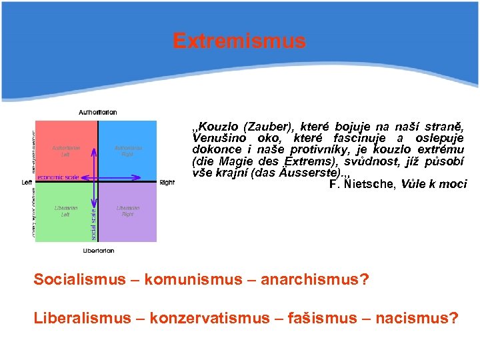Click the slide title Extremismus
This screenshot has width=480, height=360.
[x=239, y=41]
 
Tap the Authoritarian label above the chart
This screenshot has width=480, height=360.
[x=98, y=112]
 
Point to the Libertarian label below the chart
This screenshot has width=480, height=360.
[x=98, y=251]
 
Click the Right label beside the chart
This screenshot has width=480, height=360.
[x=167, y=182]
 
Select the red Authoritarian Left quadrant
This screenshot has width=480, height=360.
[x=65, y=149]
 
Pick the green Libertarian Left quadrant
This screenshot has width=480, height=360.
[x=65, y=212]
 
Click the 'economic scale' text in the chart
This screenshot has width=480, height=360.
[x=58, y=177]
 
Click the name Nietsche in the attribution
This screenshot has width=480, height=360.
[x=367, y=184]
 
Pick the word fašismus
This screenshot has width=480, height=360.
[x=319, y=318]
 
